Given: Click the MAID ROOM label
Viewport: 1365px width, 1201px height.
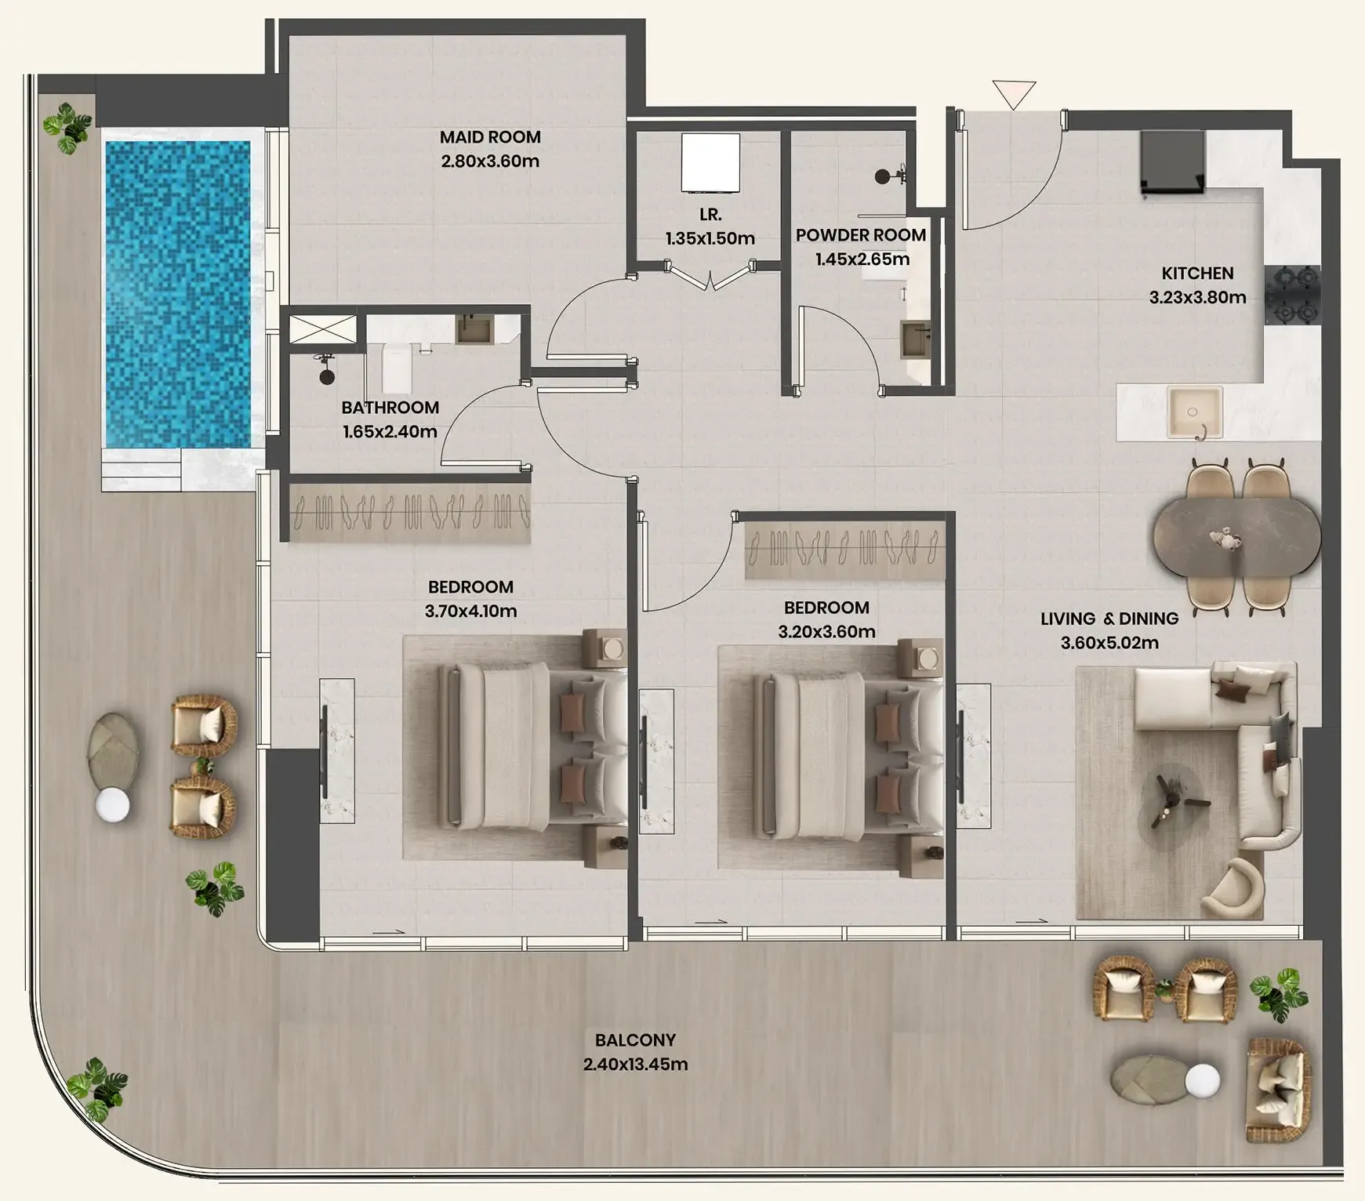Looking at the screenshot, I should point(490,137).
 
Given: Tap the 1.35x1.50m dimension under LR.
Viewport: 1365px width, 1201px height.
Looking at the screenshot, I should point(710,238).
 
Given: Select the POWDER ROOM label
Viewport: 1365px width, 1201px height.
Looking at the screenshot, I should point(861,235).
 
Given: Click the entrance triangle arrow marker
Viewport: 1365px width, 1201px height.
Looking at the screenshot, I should point(1014,93).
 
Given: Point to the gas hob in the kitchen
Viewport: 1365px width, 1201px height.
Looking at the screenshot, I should point(1292,295).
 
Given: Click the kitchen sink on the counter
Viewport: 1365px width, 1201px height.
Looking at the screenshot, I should point(1194,412).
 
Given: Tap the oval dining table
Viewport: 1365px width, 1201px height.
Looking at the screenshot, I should point(1236,538).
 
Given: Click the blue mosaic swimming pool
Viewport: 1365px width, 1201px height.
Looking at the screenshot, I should point(178,294).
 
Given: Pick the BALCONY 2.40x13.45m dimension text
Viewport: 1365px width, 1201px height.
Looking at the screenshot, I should point(635,1065).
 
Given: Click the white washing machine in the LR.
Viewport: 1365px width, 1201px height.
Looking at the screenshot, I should point(710,162).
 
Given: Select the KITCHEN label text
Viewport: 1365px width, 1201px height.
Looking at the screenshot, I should point(1197,274).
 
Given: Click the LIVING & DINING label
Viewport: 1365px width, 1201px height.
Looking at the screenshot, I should point(1109,619).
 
